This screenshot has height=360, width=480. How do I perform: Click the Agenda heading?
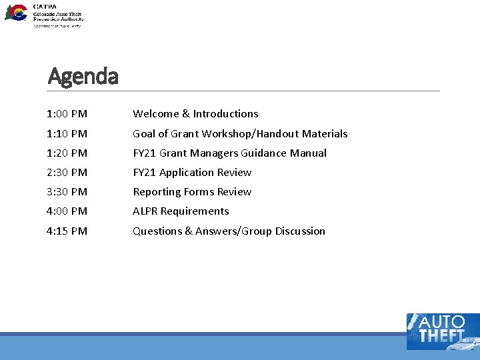[x=83, y=77]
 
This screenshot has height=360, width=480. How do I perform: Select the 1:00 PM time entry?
[x=67, y=114]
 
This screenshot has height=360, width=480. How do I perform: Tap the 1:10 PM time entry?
[x=67, y=134]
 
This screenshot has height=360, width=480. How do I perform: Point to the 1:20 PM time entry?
[x=67, y=153]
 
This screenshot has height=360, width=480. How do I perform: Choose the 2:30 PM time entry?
[x=67, y=173]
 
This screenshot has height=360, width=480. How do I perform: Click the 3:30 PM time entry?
[x=67, y=192]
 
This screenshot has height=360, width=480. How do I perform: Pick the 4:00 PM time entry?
[x=67, y=211]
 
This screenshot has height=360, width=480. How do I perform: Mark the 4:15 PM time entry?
[x=67, y=231]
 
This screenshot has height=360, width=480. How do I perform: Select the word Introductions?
[x=225, y=114]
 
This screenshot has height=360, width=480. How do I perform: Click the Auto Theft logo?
[x=442, y=331]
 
